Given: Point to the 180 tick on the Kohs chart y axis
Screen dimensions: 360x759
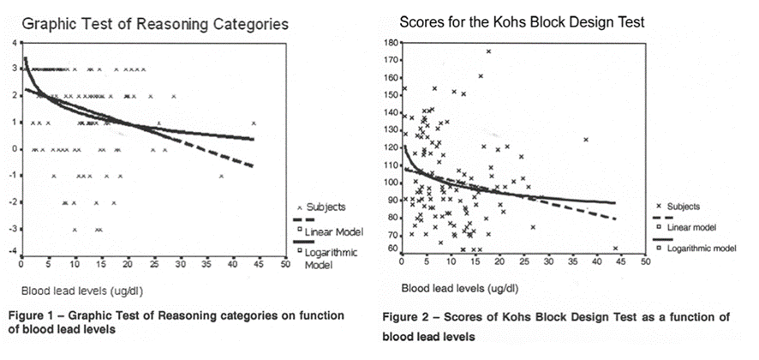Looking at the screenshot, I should pos(391,43).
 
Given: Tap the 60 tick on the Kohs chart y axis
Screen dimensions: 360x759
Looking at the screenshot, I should pos(393,249).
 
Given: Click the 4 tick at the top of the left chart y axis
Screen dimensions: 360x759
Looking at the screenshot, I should pos(13,43).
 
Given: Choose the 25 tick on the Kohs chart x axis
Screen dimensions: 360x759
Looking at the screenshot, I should pos(522,261).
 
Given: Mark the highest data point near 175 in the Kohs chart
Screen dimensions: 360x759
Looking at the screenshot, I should pos(489,51).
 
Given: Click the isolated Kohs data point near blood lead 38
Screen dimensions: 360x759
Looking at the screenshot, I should pos(586,140).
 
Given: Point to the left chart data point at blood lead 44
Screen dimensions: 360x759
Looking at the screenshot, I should pos(254,123).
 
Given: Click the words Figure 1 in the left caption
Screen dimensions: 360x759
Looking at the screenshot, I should pos(32,316).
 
